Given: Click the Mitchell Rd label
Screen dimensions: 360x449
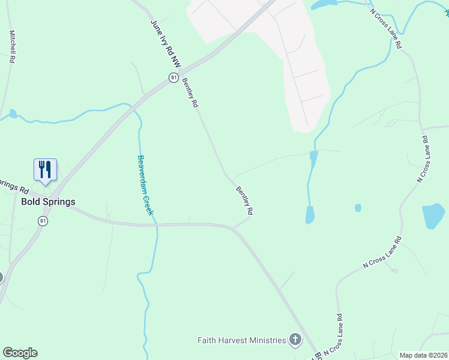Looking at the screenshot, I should [11, 47].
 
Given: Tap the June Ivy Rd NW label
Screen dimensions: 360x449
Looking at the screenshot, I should [165, 43].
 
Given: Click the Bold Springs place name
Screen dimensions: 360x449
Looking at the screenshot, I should [48, 202].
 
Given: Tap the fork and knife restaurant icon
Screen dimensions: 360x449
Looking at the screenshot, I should [46, 170].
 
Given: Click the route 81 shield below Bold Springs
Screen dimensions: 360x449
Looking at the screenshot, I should [43, 221].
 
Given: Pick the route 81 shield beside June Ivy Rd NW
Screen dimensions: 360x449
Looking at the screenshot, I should [173, 77].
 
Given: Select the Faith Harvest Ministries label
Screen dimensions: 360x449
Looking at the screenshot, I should [242, 340].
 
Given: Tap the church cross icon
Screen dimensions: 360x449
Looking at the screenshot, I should [295, 340].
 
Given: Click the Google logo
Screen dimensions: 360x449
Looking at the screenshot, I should [20, 353].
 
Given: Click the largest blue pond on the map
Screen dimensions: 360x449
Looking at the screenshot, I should [433, 216].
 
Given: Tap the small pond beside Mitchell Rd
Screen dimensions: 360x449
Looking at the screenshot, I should [13, 113].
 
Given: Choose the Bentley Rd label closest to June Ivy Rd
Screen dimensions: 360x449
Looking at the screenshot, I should [190, 92].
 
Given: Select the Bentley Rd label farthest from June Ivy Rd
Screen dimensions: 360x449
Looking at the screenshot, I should [244, 201].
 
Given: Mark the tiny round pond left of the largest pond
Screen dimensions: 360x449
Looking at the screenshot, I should [358, 208].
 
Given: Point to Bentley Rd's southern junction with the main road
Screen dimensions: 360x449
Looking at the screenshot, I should [234, 228].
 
